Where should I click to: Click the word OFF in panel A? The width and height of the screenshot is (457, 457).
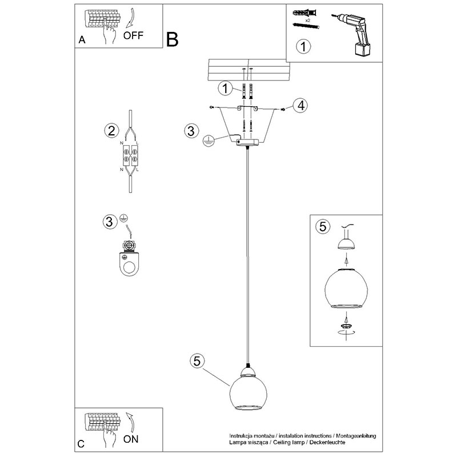[x=133, y=34]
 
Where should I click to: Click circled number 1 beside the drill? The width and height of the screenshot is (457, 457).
[x=303, y=46]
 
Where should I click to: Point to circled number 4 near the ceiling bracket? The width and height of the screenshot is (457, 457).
[x=300, y=105]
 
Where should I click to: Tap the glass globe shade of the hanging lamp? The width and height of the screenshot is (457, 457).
[x=247, y=392]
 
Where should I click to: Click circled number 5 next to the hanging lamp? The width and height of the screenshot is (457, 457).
[x=197, y=361]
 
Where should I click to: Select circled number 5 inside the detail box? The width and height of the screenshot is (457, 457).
[x=323, y=227]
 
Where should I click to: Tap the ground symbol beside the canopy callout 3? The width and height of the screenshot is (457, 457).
[x=209, y=140]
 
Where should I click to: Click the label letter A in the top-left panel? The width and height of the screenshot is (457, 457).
[x=82, y=41]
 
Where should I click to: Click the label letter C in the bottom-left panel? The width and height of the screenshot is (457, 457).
[x=81, y=444]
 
